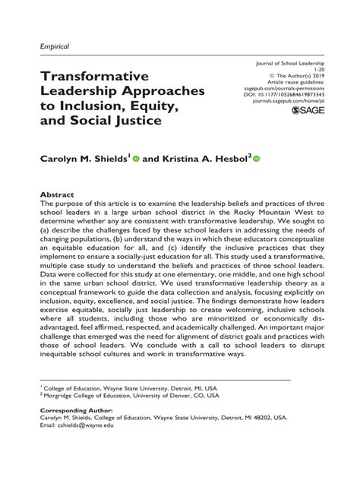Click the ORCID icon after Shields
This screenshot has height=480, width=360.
point(136,159)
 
